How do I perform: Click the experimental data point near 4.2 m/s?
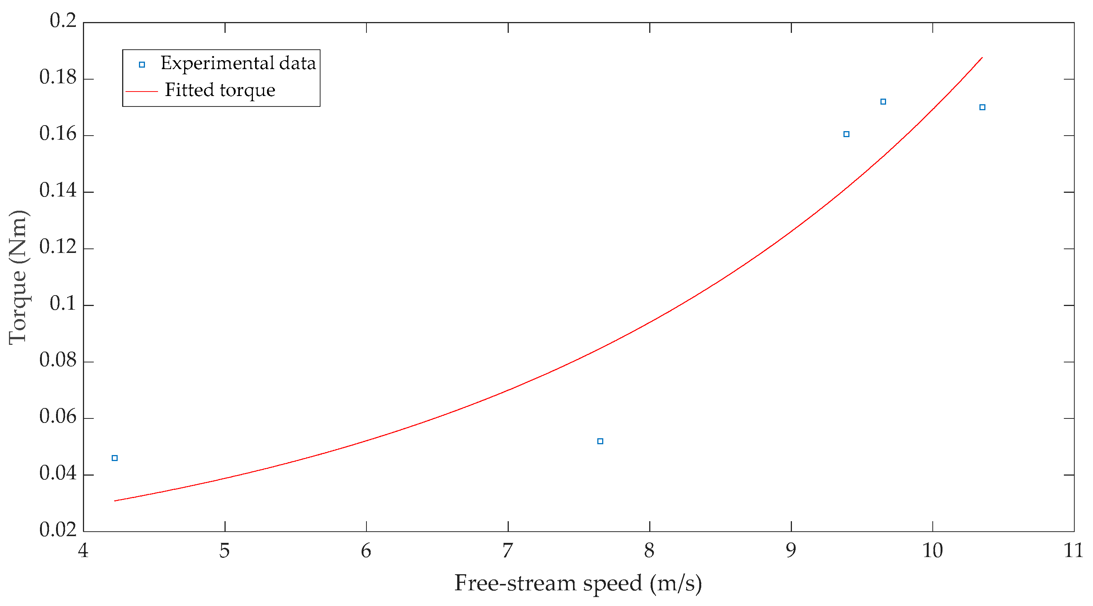(115, 458)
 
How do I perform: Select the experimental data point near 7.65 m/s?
(600, 441)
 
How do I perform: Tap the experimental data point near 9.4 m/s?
(846, 134)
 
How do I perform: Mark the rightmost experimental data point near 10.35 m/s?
(982, 107)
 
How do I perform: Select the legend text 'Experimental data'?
(238, 64)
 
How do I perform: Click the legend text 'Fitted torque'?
(220, 90)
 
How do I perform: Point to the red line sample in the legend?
(142, 91)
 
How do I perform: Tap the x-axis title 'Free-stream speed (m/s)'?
(578, 583)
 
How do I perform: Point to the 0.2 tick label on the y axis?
(63, 21)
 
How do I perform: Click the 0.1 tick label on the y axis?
(63, 303)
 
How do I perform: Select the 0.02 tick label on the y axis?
(58, 530)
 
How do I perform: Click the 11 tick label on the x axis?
(1074, 551)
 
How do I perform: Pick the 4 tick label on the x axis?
(83, 551)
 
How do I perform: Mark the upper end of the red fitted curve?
(982, 57)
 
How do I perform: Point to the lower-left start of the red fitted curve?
(115, 501)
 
